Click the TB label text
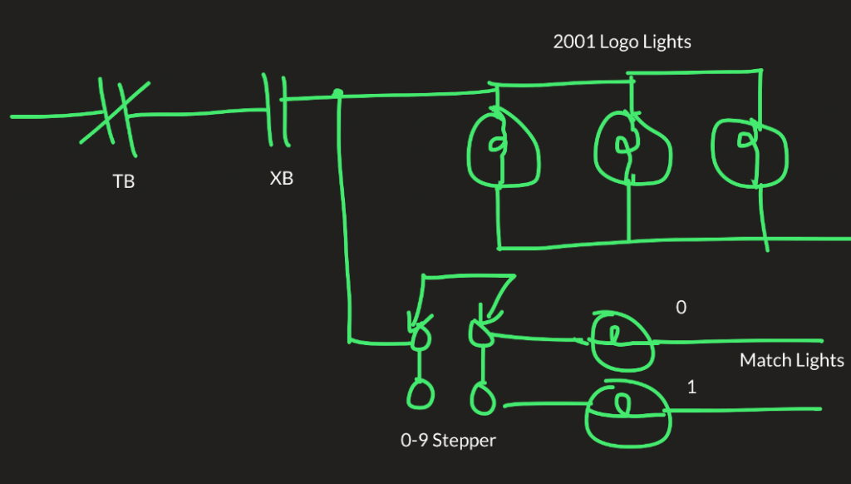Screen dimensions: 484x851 tap(123, 181)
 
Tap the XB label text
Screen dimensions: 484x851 tap(282, 178)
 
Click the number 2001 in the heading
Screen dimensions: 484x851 tap(573, 42)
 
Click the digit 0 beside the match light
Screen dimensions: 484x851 tap(681, 308)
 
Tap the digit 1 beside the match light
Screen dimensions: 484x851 tap(691, 388)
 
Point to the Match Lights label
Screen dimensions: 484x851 tap(791, 360)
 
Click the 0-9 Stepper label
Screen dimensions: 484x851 tap(448, 440)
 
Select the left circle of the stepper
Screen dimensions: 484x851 tap(420, 393)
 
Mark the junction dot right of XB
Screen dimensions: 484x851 tap(337, 93)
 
